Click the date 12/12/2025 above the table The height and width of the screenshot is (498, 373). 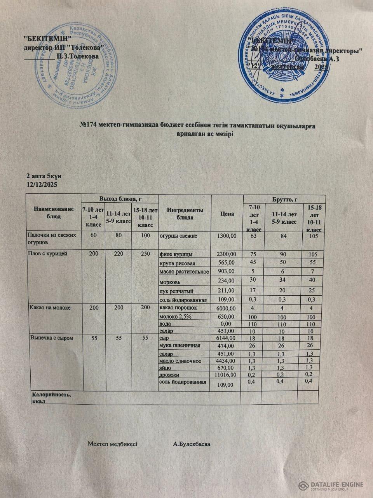click(42, 184)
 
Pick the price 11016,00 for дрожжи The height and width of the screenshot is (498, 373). click(223, 375)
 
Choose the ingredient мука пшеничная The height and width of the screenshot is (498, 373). click(180, 345)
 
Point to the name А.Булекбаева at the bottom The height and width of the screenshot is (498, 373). click(192, 444)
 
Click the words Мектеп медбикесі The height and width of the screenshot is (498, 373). click(112, 444)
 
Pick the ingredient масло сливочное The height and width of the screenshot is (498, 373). click(180, 361)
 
